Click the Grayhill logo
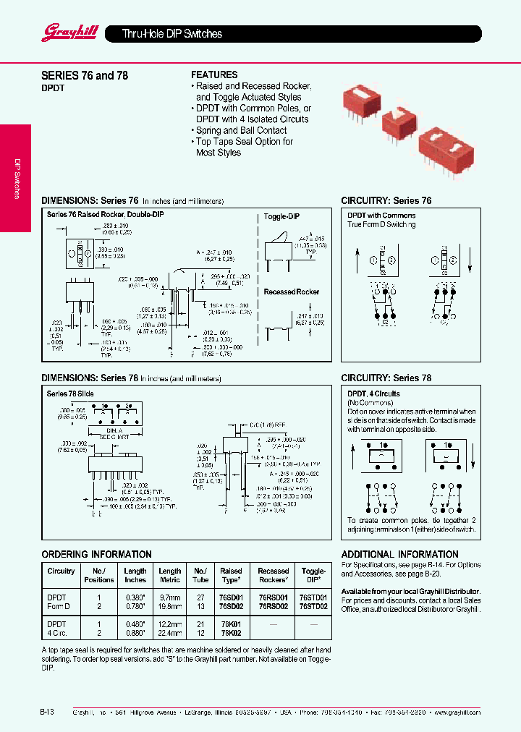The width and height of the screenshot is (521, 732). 63,32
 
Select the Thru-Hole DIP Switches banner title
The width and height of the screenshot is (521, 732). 171,34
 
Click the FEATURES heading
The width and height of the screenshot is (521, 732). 214,75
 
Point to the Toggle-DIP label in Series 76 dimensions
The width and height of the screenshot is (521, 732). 281,216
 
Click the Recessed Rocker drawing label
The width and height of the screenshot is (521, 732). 291,291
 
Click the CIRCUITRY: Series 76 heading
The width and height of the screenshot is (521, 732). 386,200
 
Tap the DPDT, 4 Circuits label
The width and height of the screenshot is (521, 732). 373,393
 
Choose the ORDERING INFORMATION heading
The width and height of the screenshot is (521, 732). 86,554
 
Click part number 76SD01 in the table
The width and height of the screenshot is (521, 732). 231,598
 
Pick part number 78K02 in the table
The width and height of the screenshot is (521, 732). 231,631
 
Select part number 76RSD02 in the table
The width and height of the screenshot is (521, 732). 273,607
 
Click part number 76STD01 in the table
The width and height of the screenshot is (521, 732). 313,598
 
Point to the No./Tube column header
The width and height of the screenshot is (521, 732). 200,575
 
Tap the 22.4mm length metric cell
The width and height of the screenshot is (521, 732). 170,631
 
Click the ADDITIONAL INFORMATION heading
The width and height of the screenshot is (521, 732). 397,554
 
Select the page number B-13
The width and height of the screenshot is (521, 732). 48,712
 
